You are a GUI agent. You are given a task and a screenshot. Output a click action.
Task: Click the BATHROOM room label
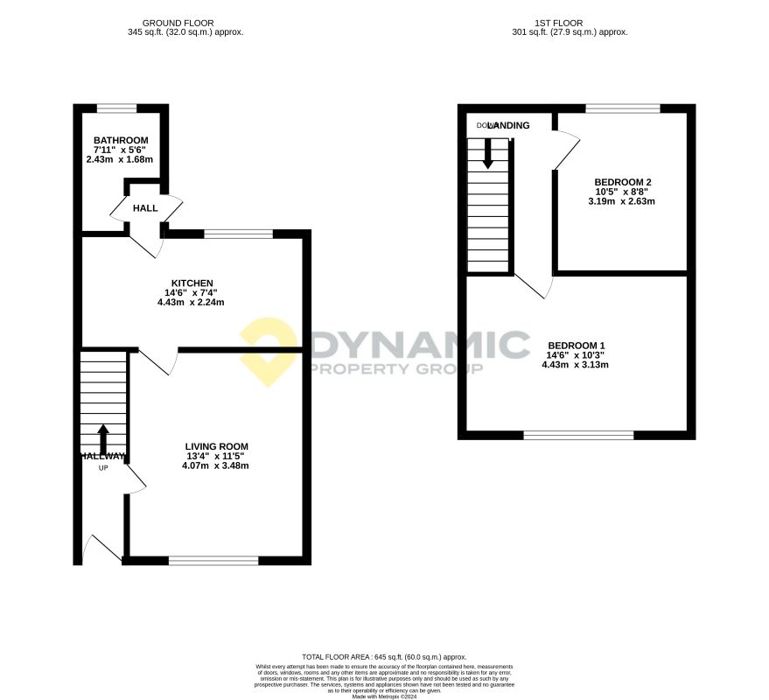click(x=121, y=140)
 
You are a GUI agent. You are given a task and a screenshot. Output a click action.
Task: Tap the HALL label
click(x=145, y=208)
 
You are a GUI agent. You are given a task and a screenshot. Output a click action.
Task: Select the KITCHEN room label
click(x=192, y=283)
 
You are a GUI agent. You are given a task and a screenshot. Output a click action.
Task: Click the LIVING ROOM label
click(x=216, y=446)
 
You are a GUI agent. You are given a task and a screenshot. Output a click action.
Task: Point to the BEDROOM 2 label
click(x=623, y=182)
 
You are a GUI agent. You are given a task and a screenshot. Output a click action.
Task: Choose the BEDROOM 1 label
click(x=574, y=345)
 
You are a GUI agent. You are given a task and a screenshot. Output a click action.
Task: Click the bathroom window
click(x=116, y=108)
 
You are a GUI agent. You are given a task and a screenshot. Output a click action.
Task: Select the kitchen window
click(x=238, y=234)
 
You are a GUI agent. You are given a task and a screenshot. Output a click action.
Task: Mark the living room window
click(x=213, y=561)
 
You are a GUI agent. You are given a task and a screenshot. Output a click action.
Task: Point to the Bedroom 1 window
click(x=578, y=435)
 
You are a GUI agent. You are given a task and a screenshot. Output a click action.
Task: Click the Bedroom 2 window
click(x=622, y=108)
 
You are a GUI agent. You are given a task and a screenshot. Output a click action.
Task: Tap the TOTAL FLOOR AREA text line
click(x=384, y=656)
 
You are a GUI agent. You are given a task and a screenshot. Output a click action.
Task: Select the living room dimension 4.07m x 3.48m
click(x=215, y=465)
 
